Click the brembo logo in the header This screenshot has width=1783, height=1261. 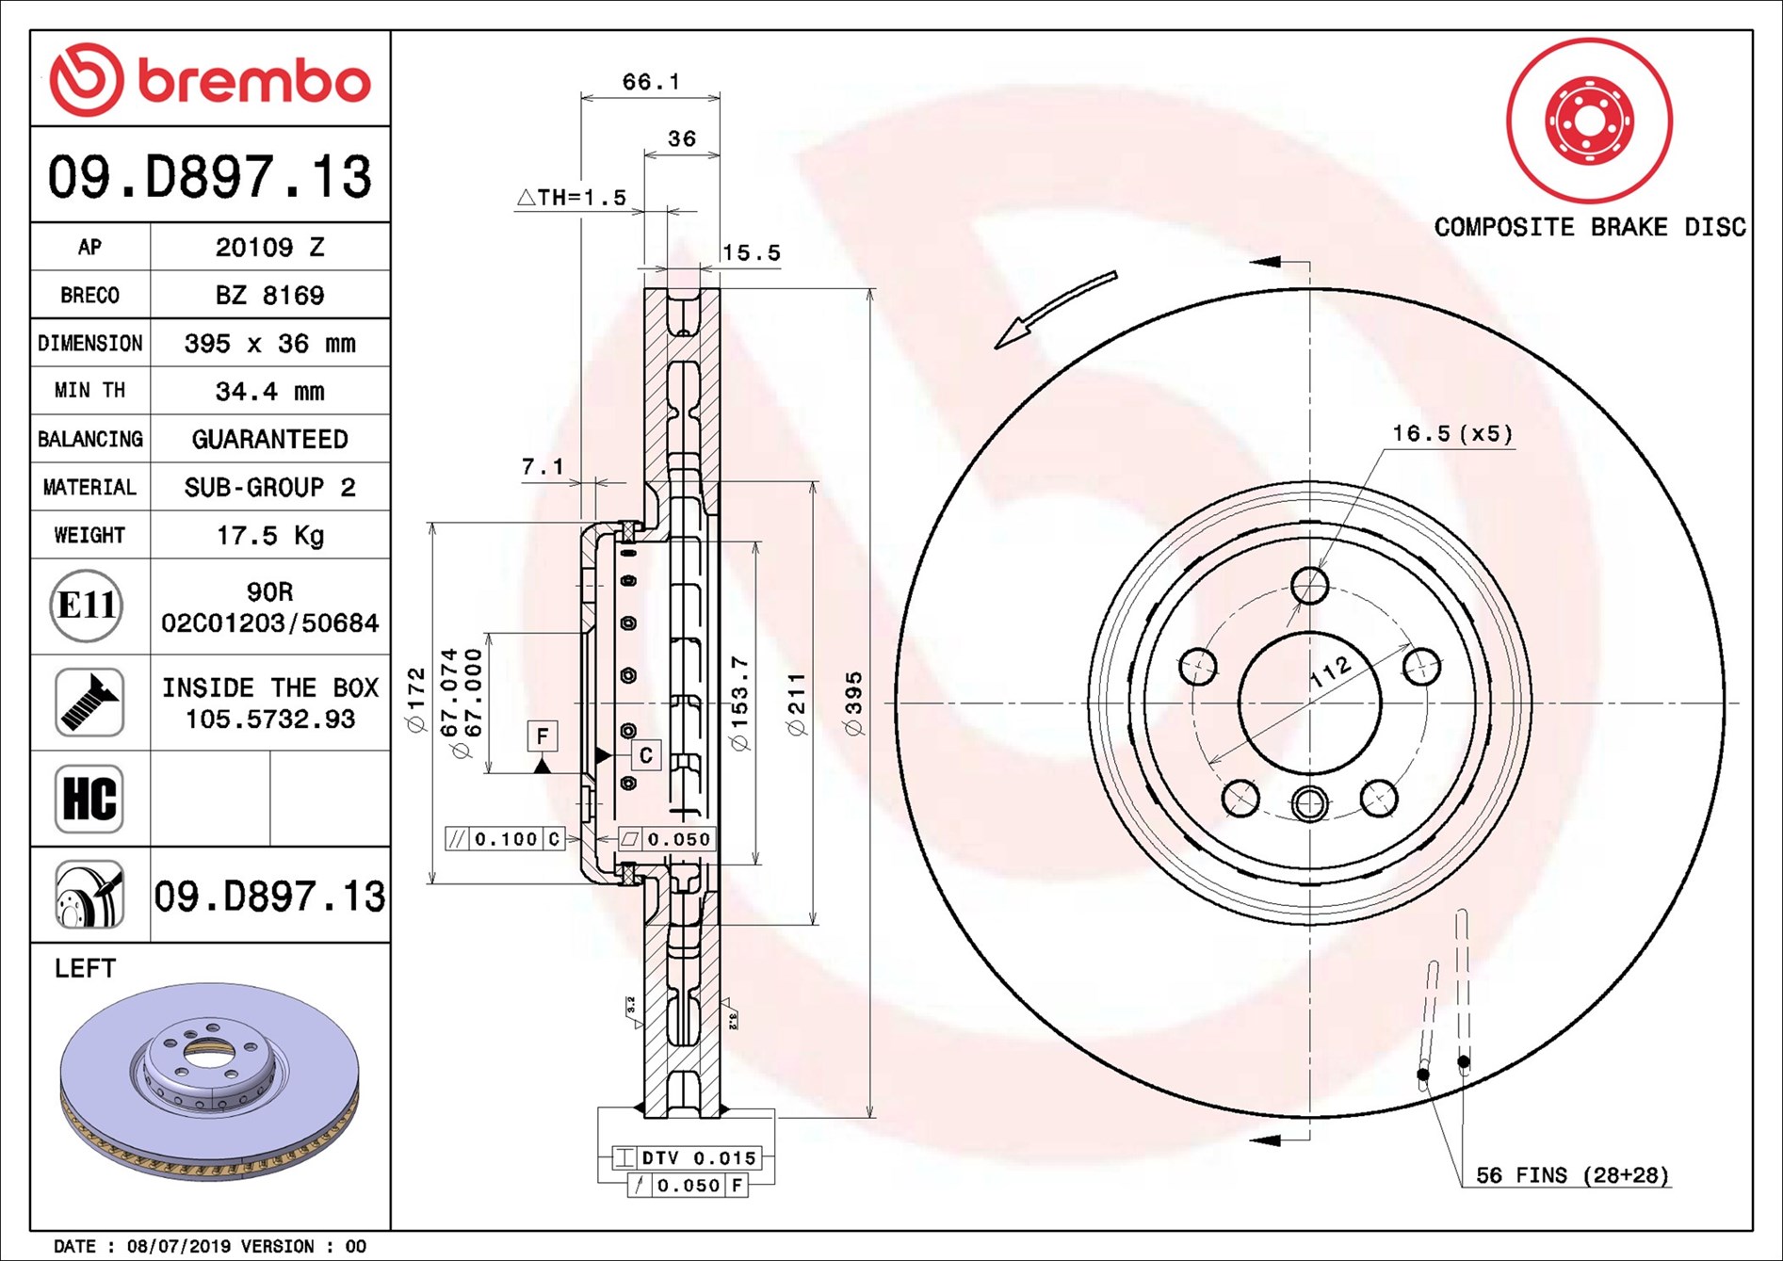(210, 79)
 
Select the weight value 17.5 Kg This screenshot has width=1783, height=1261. (270, 535)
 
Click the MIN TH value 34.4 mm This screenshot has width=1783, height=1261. (270, 391)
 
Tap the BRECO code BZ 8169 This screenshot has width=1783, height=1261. (270, 295)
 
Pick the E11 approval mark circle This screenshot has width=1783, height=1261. (87, 606)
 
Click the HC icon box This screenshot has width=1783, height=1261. (89, 799)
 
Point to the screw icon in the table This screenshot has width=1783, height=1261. (89, 703)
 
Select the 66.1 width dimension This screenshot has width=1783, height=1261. (651, 82)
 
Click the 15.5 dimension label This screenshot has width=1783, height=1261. (752, 252)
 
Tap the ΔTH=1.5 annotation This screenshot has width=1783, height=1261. (572, 197)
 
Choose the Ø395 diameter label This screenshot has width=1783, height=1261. (853, 703)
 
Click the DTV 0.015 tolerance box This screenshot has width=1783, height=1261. (687, 1157)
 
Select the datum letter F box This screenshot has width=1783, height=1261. (543, 736)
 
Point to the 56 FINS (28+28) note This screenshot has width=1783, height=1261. (1572, 1174)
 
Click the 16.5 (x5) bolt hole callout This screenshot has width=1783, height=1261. (1452, 433)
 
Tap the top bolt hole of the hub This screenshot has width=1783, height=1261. (1309, 586)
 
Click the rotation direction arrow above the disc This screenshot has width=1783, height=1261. (1055, 310)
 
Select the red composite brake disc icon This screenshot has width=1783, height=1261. (1589, 121)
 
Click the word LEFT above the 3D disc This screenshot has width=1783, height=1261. (85, 968)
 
